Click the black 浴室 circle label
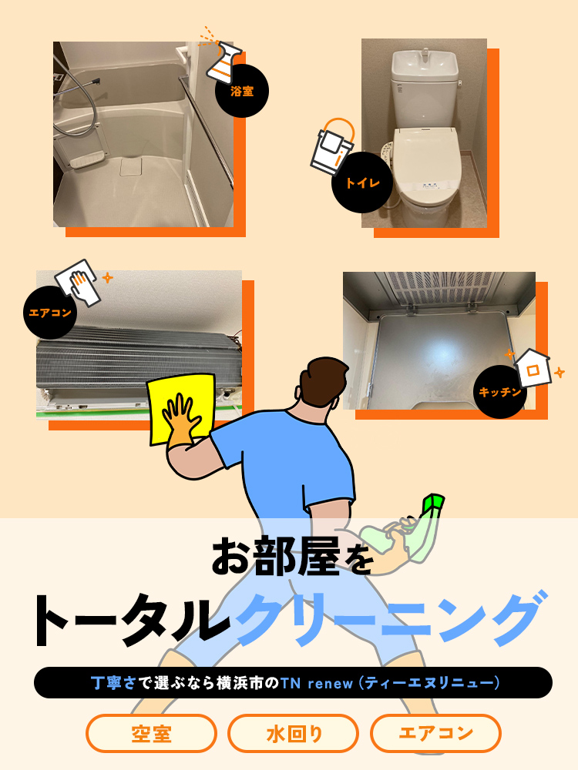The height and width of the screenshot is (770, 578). pyautogui.click(x=242, y=91)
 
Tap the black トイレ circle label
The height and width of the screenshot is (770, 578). pyautogui.click(x=363, y=182)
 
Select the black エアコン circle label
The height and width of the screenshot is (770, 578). pyautogui.click(x=50, y=313)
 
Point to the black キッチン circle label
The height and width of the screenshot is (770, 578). pyautogui.click(x=499, y=392)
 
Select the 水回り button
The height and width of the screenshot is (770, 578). pyautogui.click(x=294, y=734)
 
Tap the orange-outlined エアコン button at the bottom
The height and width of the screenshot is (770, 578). pyautogui.click(x=435, y=734)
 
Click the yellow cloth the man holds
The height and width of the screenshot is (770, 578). pyautogui.click(x=182, y=408)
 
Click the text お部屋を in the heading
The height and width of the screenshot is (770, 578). pyautogui.click(x=292, y=557)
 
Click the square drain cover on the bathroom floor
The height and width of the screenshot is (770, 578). pyautogui.click(x=131, y=166)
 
